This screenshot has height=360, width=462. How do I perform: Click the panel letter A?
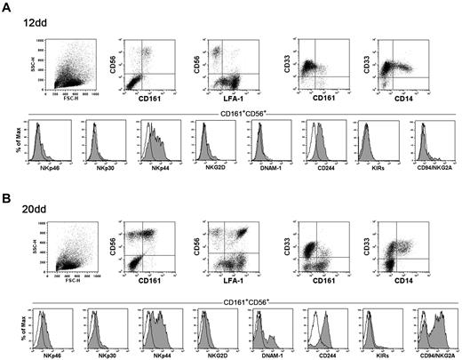click(x=8, y=8)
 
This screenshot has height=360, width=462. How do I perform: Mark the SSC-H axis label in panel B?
click(x=34, y=238)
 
